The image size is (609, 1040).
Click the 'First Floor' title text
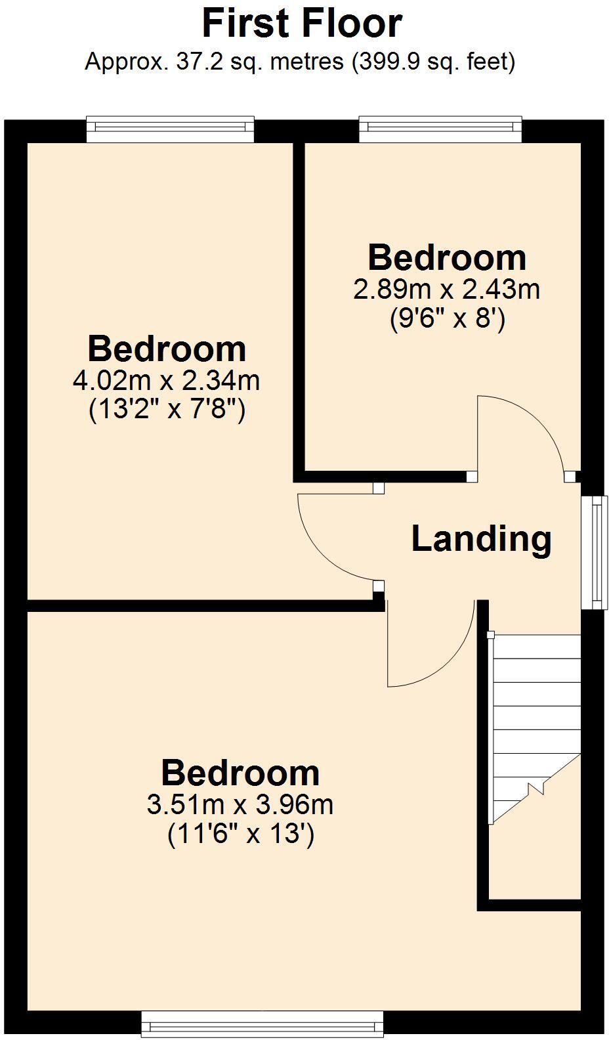click(x=302, y=24)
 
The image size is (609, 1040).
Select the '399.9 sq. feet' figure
click(x=431, y=62)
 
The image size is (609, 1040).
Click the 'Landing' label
click(x=481, y=538)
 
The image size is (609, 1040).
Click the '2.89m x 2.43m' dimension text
click(x=446, y=289)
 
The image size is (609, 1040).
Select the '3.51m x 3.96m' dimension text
click(x=240, y=804)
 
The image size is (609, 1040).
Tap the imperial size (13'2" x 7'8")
click(x=167, y=410)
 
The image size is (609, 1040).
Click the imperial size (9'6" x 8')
click(x=447, y=320)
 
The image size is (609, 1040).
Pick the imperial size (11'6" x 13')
click(x=241, y=834)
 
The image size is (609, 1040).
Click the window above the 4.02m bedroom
click(x=170, y=129)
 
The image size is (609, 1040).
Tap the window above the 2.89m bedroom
click(x=440, y=129)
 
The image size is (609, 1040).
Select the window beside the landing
click(x=595, y=552)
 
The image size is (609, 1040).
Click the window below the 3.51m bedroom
click(x=262, y=1024)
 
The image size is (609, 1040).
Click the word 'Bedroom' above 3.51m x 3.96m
click(x=240, y=773)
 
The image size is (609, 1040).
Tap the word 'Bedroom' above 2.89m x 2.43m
click(x=447, y=257)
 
